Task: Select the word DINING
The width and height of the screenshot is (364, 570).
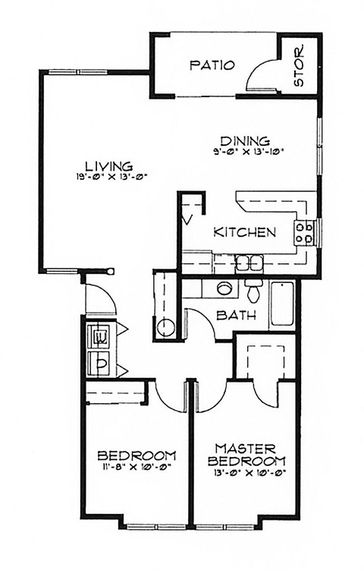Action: (x=246, y=140)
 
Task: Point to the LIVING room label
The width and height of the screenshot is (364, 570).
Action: (x=109, y=165)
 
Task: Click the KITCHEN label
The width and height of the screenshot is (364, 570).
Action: (x=243, y=232)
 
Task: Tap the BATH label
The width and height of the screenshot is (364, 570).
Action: (x=234, y=316)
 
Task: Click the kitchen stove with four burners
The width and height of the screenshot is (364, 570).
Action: (x=305, y=232)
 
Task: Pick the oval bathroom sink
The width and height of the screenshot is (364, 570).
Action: (x=224, y=288)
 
